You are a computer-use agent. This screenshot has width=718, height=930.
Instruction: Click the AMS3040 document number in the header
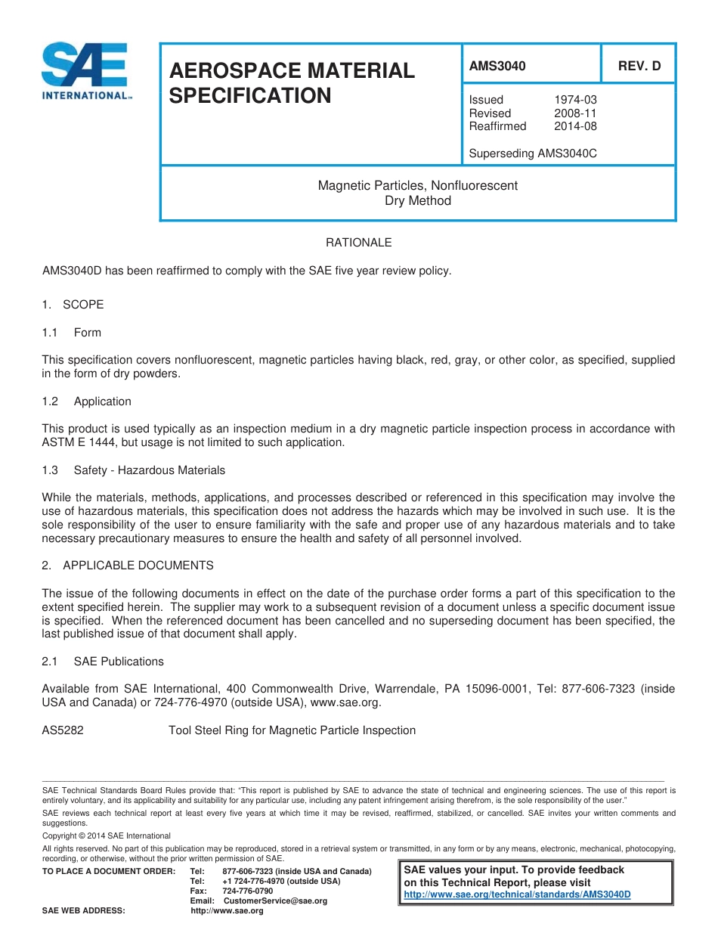[x=497, y=66]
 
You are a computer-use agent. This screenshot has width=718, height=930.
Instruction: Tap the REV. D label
[x=639, y=66]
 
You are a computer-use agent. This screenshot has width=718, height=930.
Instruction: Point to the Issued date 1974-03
[x=575, y=100]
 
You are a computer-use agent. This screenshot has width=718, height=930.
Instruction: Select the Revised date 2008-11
[x=575, y=113]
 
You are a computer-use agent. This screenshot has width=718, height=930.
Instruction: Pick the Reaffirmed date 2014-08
[x=575, y=126]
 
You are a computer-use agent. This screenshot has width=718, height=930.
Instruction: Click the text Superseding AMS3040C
[x=533, y=153]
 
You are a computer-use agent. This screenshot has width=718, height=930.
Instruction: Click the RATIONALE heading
[x=358, y=243]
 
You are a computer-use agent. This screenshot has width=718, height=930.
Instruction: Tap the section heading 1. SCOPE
[x=73, y=305]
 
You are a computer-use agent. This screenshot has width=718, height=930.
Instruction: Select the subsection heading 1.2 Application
[x=87, y=401]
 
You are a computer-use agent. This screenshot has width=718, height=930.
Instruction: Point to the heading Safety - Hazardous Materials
[x=149, y=470]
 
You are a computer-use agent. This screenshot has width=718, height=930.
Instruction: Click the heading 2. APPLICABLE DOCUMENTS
[x=128, y=566]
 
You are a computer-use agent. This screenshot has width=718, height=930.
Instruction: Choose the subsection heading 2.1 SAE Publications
[x=103, y=662]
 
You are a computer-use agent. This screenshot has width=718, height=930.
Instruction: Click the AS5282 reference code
[x=63, y=730]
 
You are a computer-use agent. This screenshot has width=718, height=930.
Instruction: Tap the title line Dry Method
[x=417, y=201]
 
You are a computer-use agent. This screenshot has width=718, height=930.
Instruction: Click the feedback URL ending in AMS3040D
[x=517, y=894]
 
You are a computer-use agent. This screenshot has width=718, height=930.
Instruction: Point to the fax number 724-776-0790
[x=248, y=891]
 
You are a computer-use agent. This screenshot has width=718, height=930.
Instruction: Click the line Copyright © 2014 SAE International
[x=107, y=836]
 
